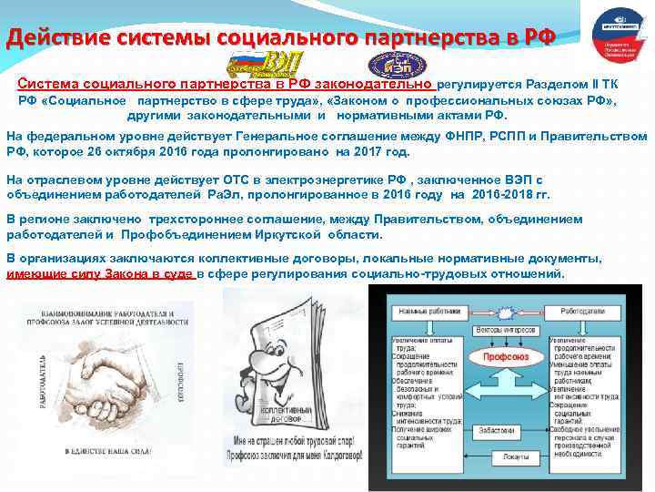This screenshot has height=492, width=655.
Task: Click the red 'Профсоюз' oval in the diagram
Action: coord(506,358)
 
